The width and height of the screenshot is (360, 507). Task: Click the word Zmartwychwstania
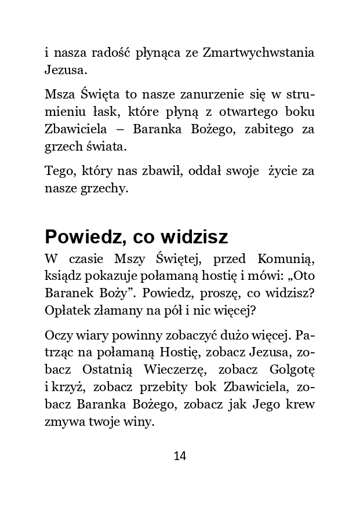click(259, 53)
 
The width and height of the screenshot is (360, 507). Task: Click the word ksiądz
click(63, 278)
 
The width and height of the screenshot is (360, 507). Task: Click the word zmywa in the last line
click(63, 422)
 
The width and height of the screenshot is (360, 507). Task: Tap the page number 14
click(180, 456)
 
